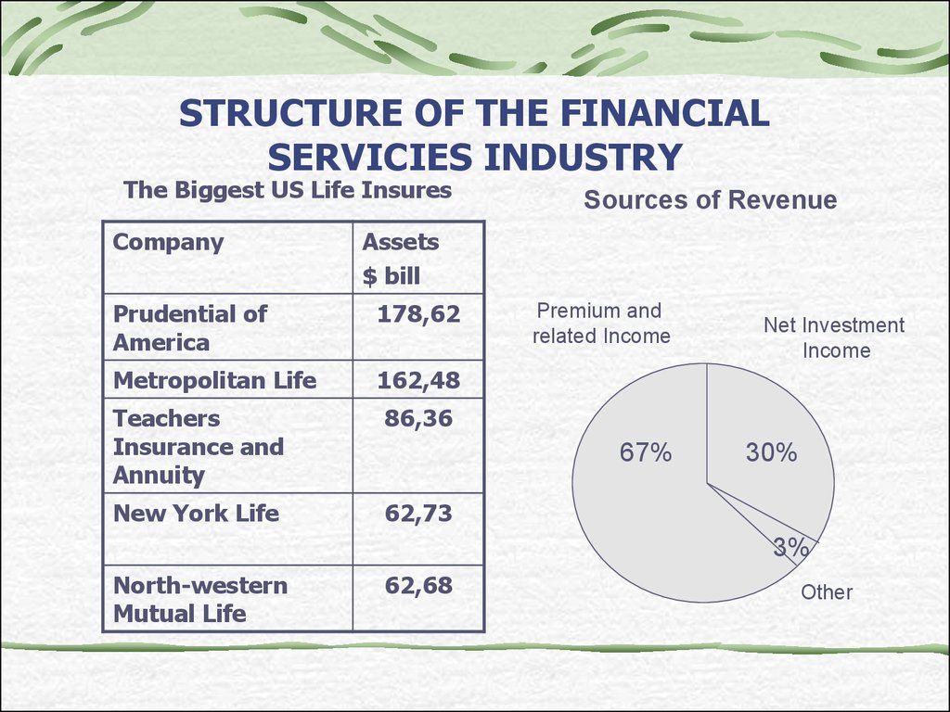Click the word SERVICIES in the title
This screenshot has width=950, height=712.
pos(369,157)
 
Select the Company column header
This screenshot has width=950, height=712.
pos(169,242)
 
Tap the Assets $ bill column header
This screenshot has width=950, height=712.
pos(400,259)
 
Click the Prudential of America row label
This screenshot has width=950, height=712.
pos(189,328)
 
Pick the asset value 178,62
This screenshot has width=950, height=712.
pos(418,313)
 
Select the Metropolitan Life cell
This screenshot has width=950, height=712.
pos(214,380)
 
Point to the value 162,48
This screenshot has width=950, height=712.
pos(418,380)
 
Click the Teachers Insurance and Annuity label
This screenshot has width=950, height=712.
pos(199,447)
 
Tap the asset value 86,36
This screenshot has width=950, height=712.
pos(418,418)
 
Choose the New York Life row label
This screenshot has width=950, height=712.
pos(196,514)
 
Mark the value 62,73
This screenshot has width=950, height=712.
pos(418,514)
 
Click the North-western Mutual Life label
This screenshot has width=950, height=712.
pos(200,600)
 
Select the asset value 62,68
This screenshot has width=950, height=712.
pos(418,586)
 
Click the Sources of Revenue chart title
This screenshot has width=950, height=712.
pos(710,200)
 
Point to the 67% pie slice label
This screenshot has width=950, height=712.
pos(646,452)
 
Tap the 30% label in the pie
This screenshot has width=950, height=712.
pos(771,452)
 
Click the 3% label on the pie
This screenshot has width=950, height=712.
pos(790,547)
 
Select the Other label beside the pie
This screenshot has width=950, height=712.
pos(827,591)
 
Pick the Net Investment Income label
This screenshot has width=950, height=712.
pos(834,337)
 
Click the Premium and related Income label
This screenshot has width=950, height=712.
pos(601,324)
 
